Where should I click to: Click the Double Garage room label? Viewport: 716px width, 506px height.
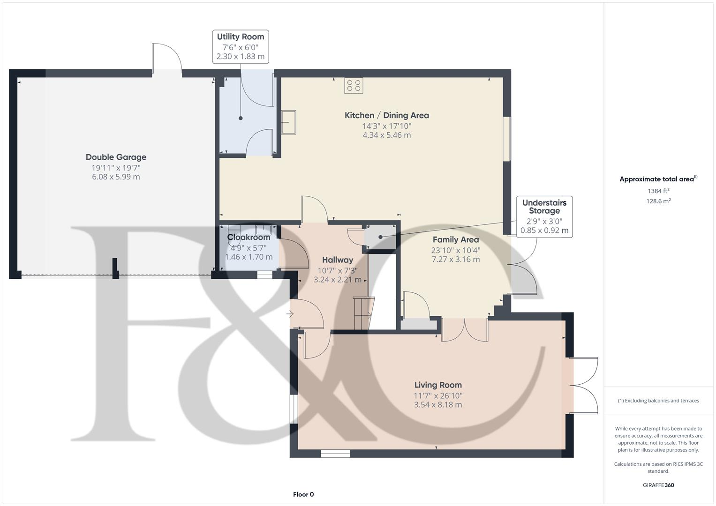116,157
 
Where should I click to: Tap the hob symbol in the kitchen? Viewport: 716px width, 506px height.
354,86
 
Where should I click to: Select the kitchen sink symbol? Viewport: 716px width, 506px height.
289,122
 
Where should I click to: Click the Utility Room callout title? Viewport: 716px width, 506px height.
241,37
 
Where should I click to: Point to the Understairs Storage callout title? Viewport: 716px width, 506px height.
544,207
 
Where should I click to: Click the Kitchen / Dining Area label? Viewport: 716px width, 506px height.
387,115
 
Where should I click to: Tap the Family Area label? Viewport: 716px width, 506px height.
456,239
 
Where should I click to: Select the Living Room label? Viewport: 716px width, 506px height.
438,385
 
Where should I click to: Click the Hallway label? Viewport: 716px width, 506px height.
338,260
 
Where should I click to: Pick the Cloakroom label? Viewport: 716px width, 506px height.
249,238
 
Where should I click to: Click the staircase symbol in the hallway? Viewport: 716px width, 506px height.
364,313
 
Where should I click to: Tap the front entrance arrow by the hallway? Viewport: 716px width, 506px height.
290,314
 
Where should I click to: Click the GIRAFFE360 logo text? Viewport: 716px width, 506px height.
658,485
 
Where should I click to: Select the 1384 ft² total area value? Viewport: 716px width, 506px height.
658,191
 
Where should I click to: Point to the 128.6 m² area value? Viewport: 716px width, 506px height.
658,201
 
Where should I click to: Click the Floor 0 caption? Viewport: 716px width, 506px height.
303,494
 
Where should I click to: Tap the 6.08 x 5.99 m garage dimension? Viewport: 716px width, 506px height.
116,177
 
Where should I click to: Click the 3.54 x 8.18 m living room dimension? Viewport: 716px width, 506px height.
438,405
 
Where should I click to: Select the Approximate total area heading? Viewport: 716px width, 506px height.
658,179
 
